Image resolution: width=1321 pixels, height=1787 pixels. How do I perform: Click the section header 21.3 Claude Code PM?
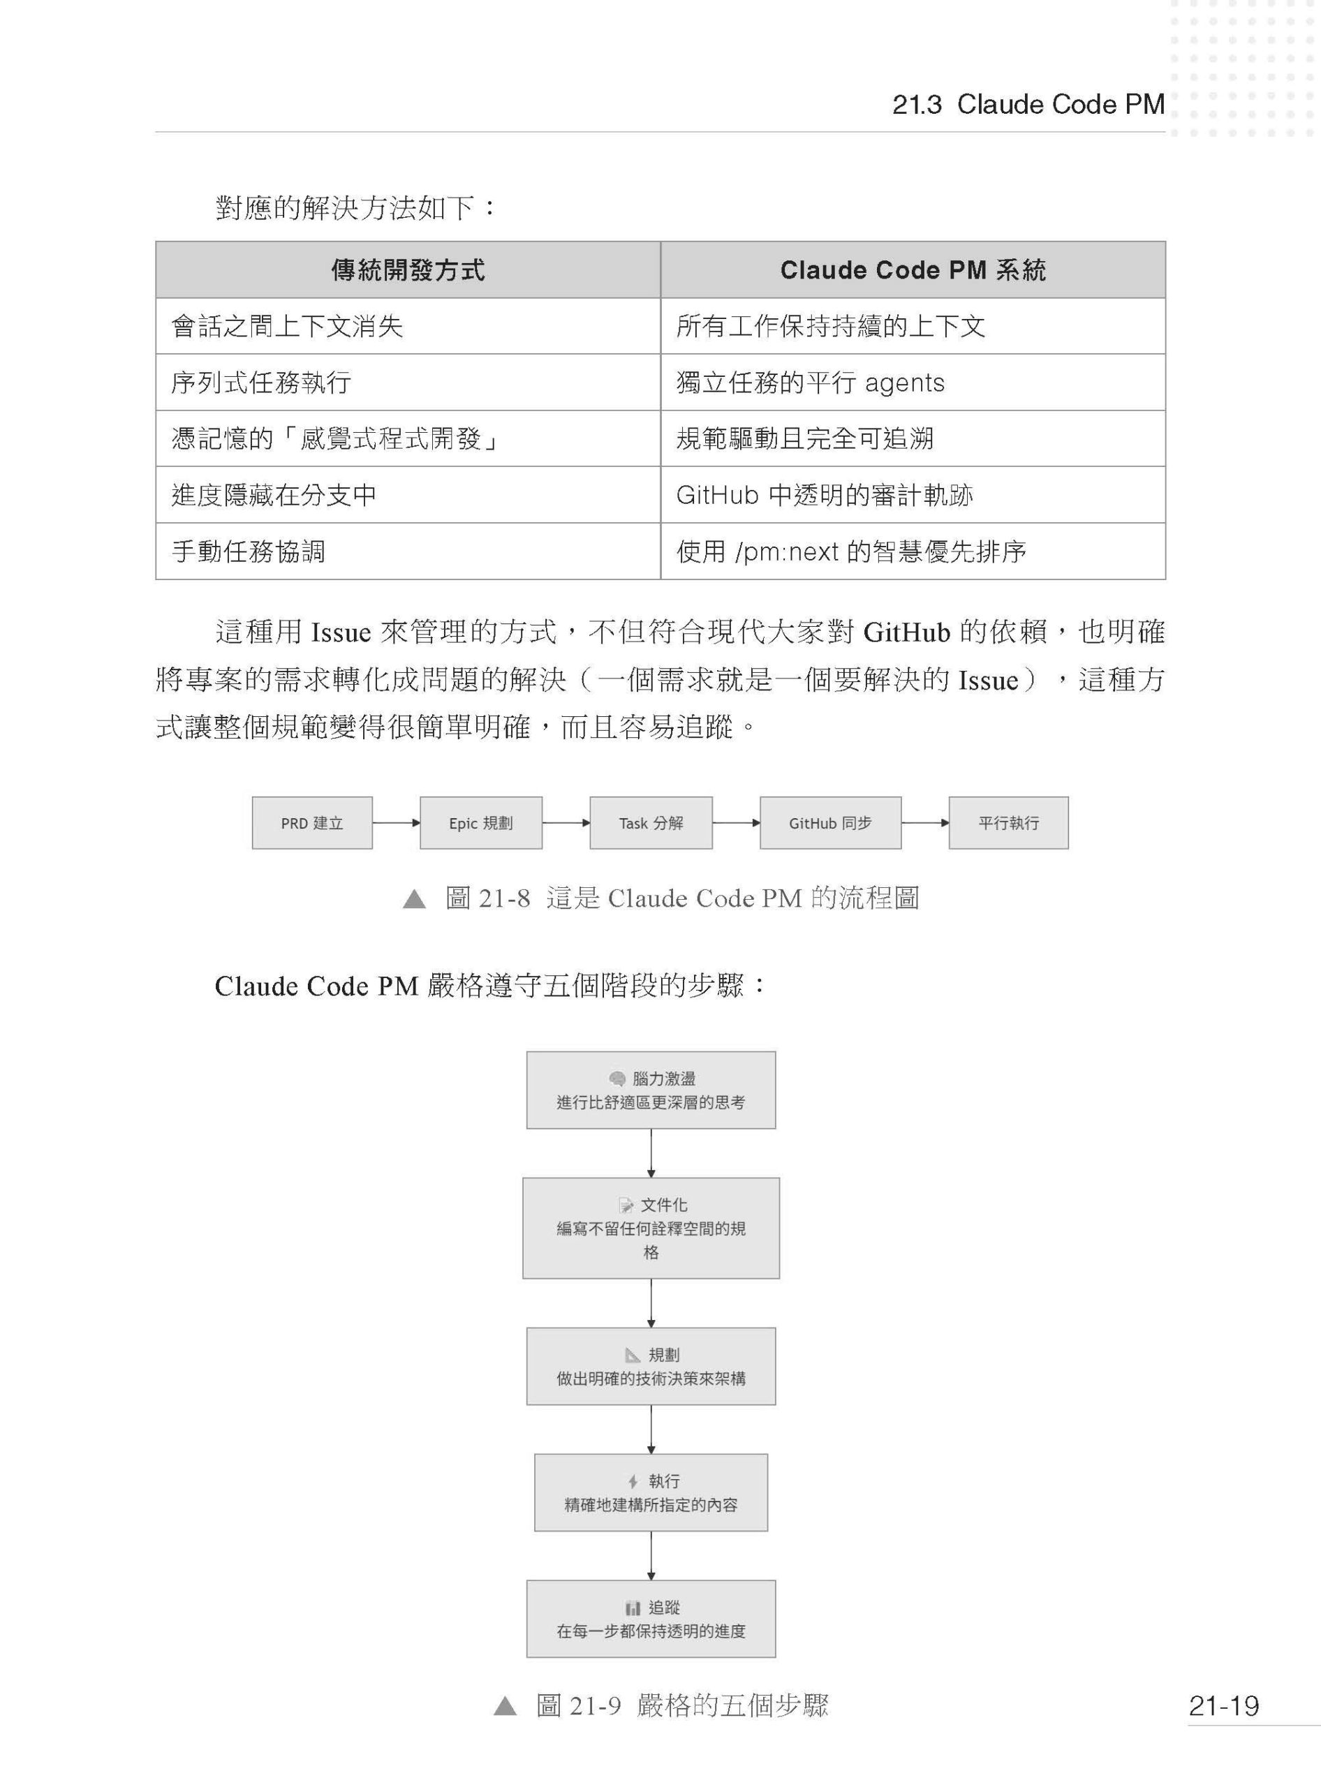pyautogui.click(x=1028, y=105)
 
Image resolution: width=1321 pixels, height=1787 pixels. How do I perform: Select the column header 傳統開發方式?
pyautogui.click(x=408, y=270)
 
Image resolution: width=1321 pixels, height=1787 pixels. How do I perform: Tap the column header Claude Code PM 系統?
pyautogui.click(x=913, y=270)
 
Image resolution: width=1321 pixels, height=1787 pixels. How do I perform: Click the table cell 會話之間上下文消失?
pyautogui.click(x=287, y=326)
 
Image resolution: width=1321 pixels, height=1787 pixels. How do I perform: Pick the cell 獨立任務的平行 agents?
pyautogui.click(x=810, y=383)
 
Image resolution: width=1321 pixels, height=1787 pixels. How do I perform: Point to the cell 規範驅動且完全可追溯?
pyautogui.click(x=804, y=439)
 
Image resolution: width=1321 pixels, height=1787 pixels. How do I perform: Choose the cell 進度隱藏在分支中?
pyautogui.click(x=274, y=495)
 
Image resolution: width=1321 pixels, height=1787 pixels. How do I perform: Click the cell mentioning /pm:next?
pyautogui.click(x=851, y=551)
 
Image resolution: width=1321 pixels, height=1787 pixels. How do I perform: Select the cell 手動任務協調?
pyautogui.click(x=249, y=551)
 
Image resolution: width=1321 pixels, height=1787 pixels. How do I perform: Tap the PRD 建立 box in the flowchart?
pyautogui.click(x=312, y=823)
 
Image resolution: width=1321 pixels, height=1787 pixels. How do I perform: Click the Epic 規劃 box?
pyautogui.click(x=480, y=823)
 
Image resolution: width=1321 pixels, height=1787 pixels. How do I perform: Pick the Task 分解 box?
pyautogui.click(x=651, y=823)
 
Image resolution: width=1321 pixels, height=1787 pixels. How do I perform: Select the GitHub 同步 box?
pyautogui.click(x=830, y=823)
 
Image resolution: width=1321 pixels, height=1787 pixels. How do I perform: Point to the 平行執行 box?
pyautogui.click(x=1008, y=823)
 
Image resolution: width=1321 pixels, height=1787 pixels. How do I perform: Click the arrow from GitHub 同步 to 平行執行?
pyautogui.click(x=925, y=823)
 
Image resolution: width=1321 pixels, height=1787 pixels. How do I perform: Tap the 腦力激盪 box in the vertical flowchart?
pyautogui.click(x=651, y=1090)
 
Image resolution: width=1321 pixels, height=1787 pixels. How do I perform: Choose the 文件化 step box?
pyautogui.click(x=651, y=1227)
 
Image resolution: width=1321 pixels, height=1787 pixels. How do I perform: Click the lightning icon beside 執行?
pyautogui.click(x=633, y=1481)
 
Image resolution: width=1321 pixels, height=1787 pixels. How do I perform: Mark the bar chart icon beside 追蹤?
pyautogui.click(x=633, y=1608)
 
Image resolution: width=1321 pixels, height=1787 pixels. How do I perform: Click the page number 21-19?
pyautogui.click(x=1223, y=1706)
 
